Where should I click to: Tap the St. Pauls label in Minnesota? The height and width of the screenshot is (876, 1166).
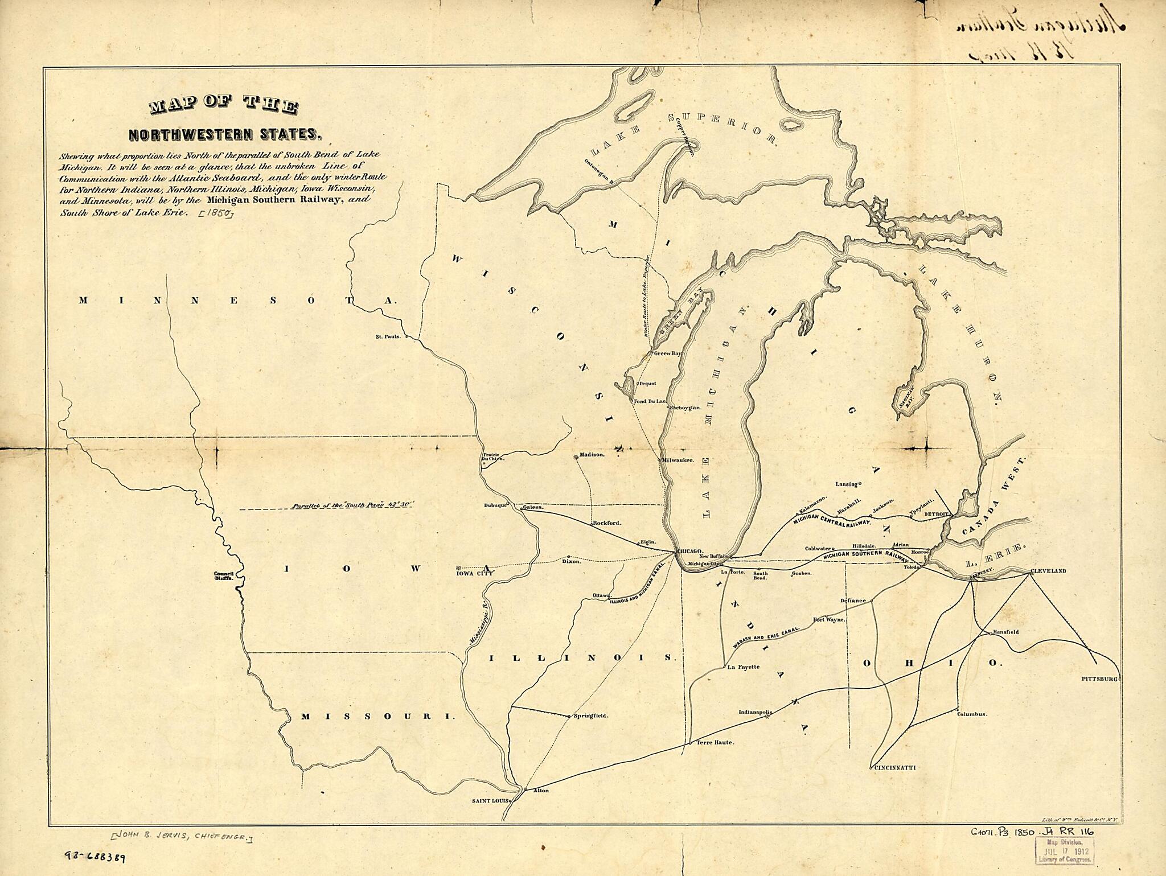click(388, 336)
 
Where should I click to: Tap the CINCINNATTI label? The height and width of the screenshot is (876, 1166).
click(894, 767)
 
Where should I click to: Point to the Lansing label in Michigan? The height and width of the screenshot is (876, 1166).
click(846, 484)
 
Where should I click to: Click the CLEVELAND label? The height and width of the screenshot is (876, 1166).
click(1048, 571)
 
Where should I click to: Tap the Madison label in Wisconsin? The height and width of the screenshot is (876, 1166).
click(592, 455)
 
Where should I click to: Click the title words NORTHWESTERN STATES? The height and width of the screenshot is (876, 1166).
click(225, 135)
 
